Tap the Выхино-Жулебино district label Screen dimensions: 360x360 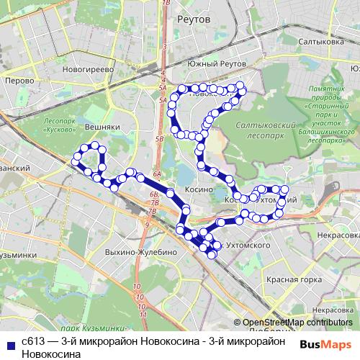pos(141,253)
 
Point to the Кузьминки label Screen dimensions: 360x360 pos(18,255)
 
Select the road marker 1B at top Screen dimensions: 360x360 pos(167,4)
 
